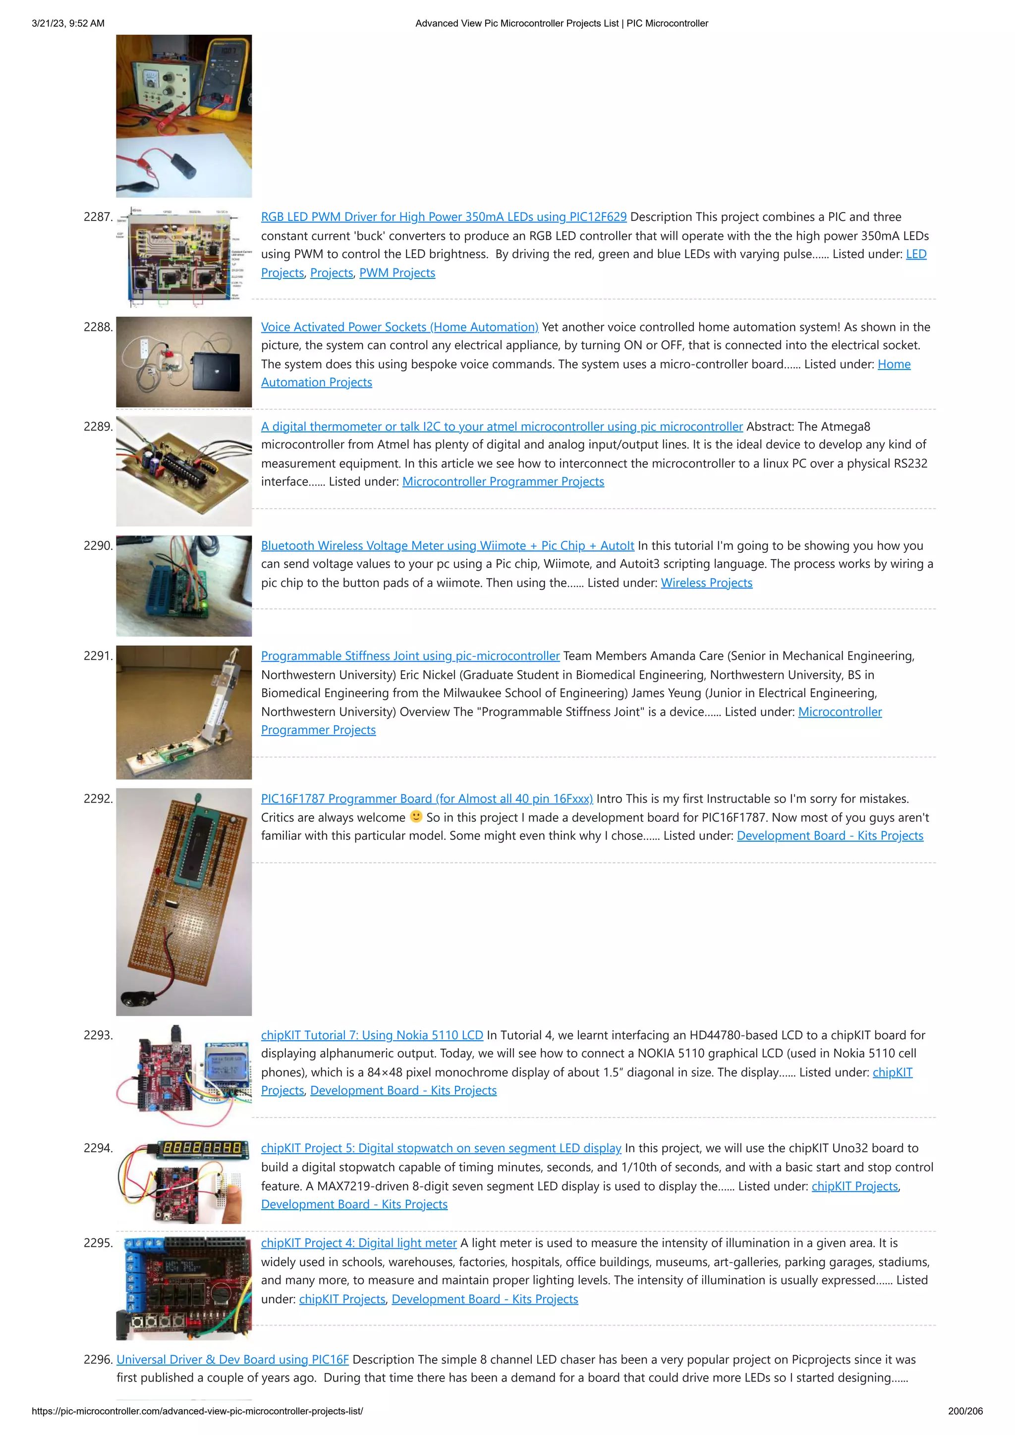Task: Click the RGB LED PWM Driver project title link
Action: point(444,217)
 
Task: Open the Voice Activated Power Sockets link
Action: point(399,327)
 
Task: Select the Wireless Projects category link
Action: point(706,583)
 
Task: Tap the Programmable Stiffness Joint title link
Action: point(410,656)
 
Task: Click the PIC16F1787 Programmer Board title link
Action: point(427,799)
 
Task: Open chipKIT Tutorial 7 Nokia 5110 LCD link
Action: point(372,1035)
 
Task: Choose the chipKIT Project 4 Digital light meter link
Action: point(358,1243)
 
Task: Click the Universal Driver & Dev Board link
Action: point(232,1359)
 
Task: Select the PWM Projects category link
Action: point(396,273)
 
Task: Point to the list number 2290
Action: point(98,546)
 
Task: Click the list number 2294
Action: point(98,1148)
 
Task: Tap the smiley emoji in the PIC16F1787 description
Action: point(416,816)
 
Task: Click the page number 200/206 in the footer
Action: point(965,1411)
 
